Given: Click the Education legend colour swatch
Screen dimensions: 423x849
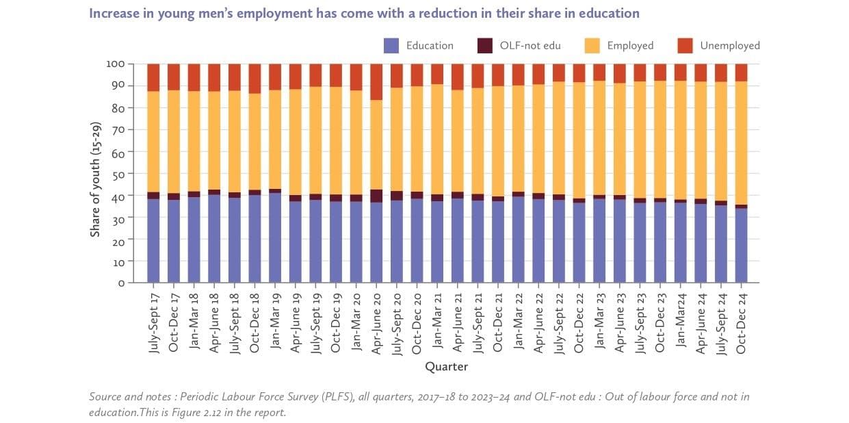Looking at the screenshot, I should click(x=391, y=45).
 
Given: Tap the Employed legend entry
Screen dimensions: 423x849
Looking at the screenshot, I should click(x=629, y=45).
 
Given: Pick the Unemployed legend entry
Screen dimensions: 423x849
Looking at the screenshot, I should click(x=729, y=45).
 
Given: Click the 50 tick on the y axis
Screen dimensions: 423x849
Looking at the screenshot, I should click(x=118, y=174).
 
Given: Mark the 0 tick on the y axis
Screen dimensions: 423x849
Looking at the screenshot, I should click(x=121, y=283).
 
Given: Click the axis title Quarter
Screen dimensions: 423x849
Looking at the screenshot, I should click(x=447, y=367).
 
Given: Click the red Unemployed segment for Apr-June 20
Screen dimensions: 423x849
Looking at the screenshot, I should click(x=376, y=82).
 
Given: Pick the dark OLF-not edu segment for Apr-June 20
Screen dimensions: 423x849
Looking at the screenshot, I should click(x=376, y=196).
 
